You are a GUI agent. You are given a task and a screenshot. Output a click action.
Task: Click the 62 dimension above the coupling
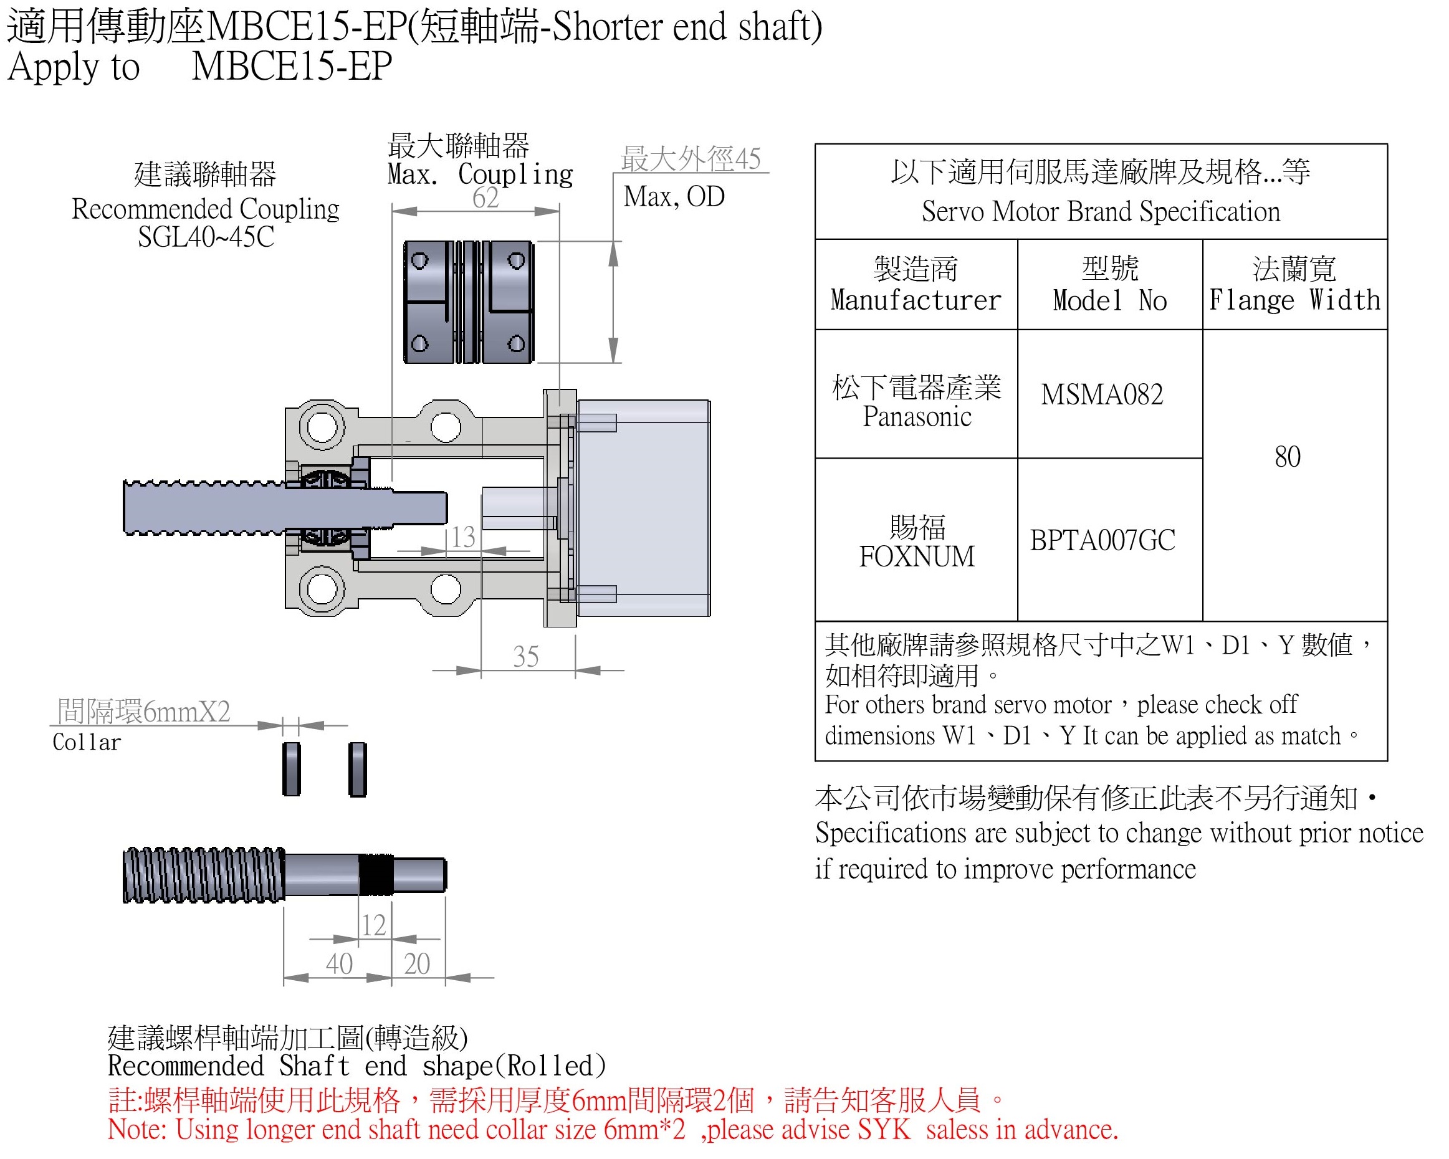485,198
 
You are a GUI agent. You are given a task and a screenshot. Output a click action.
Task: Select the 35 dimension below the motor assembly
525,656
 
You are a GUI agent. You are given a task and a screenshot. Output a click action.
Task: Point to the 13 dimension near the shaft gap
463,537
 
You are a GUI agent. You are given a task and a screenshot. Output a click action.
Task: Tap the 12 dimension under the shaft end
374,925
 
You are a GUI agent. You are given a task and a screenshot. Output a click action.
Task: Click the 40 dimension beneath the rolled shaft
339,964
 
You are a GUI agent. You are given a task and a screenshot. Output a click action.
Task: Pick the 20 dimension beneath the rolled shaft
417,964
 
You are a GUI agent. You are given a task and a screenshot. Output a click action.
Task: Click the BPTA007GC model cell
1102,540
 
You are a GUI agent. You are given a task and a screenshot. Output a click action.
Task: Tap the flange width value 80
1287,457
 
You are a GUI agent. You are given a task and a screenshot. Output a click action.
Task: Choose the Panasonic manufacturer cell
916,402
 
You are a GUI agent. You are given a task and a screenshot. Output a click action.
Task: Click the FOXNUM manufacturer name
916,556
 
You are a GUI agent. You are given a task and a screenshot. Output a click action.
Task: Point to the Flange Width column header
1294,285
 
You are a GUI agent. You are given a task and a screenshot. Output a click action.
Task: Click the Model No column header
1109,285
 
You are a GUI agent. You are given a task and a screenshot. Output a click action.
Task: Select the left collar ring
291,770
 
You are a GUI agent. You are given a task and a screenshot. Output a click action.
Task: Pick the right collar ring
358,770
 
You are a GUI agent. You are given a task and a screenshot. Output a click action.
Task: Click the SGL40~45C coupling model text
206,237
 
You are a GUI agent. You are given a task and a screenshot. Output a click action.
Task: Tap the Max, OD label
674,197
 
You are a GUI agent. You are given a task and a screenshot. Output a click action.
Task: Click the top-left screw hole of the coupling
419,260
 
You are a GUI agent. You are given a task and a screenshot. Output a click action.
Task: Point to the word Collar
87,742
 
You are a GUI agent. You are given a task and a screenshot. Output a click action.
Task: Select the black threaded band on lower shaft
376,875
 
